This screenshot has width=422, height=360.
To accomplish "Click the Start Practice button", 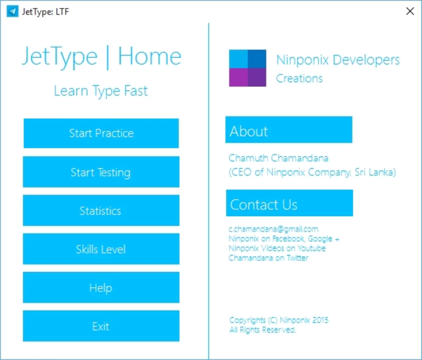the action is point(101,133).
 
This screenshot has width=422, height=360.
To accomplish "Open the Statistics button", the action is point(101,210).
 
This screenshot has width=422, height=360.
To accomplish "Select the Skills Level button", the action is point(101,249).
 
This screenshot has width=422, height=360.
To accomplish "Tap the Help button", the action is point(101,287).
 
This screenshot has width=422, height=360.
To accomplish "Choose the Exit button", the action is point(101,326).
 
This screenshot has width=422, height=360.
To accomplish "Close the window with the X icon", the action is point(410,11).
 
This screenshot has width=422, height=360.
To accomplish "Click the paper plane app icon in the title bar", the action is point(12,11).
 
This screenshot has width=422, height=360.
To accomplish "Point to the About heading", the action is point(289,130).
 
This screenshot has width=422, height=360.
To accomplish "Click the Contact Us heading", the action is point(290,203).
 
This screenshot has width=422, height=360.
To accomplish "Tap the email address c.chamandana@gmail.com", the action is point(273,229).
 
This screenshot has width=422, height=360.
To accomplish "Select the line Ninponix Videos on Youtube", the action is point(277,248).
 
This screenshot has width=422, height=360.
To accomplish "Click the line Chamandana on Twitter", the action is point(269,258).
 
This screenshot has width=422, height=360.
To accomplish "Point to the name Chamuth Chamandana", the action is point(278,158).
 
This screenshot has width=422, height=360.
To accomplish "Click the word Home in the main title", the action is point(150,56).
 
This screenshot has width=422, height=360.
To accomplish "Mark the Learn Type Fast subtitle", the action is point(101,91).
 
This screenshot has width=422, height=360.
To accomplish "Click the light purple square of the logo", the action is point(238,77).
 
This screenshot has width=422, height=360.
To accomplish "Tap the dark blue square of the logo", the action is point(257,59).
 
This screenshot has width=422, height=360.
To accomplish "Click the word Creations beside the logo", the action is point(299,79).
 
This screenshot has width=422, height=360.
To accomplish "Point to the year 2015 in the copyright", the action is point(320,320).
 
